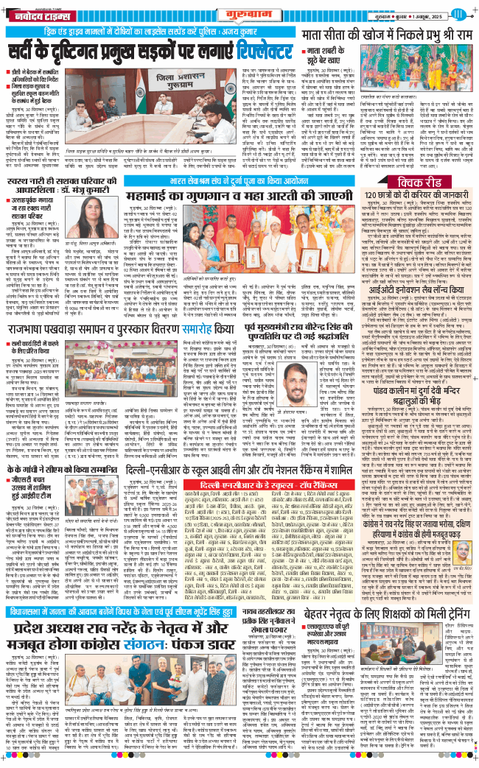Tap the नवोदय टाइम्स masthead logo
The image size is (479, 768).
tap(32, 14)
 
